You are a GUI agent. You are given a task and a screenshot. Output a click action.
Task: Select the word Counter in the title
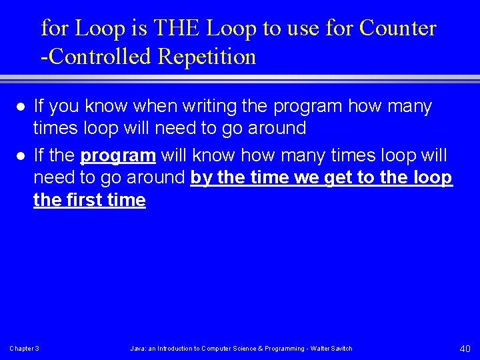tap(397, 28)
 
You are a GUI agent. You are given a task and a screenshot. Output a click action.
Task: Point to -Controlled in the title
tap(97, 57)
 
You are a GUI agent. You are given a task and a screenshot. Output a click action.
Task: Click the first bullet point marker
tap(21, 107)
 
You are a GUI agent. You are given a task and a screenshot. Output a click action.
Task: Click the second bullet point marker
tap(21, 156)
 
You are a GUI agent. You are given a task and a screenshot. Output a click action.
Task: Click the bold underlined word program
tap(118, 156)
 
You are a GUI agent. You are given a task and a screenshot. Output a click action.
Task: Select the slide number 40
tap(465, 349)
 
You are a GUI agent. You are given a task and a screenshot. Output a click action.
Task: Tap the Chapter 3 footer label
tap(24, 349)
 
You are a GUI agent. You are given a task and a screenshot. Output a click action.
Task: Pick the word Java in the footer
tap(138, 349)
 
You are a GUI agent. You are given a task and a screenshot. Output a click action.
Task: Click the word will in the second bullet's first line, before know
tap(175, 156)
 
